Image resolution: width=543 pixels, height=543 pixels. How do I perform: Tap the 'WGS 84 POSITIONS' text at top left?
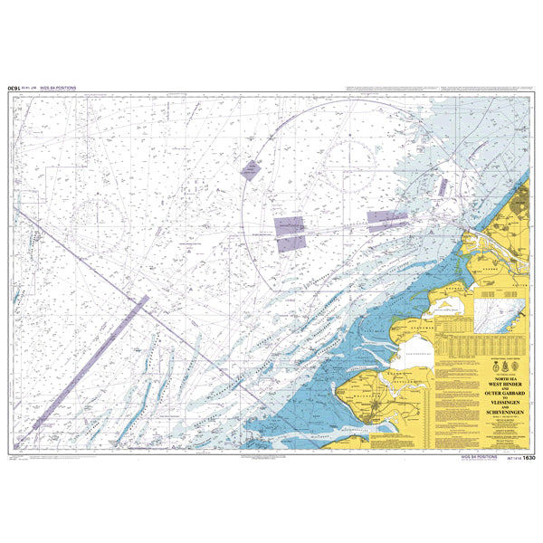(x=60, y=89)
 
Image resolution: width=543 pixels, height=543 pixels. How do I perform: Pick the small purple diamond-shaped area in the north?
(x=249, y=169)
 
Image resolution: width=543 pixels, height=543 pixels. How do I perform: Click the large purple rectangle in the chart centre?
(x=290, y=232)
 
